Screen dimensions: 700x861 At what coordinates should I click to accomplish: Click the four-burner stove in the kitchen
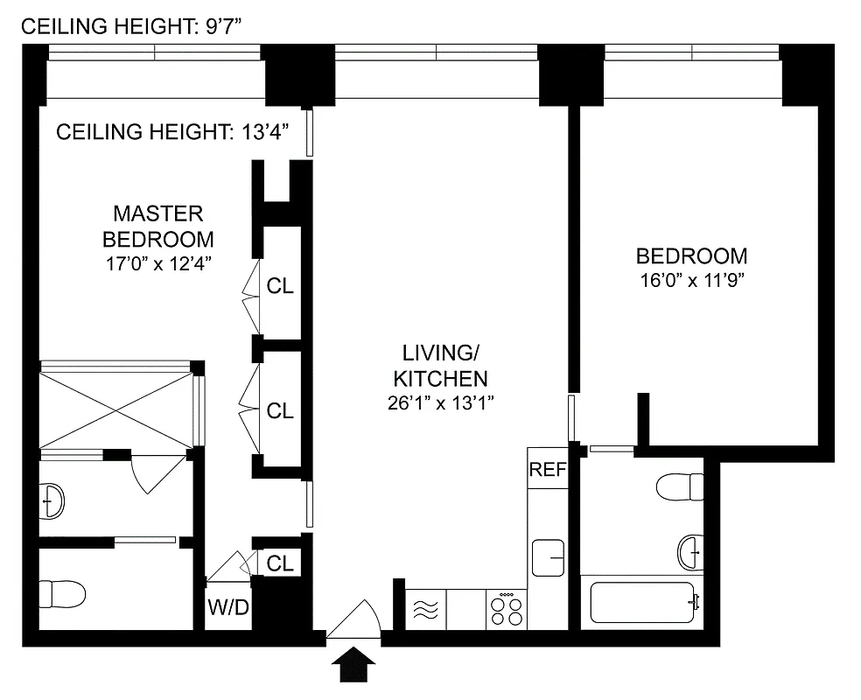506,608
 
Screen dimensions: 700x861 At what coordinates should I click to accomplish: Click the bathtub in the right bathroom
643,603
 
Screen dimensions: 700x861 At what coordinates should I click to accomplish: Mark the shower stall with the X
116,408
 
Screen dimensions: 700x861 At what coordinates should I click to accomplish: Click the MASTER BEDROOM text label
157,226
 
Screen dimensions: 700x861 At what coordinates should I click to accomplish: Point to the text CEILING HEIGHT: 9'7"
130,26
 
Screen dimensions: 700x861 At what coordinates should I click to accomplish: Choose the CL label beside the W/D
280,563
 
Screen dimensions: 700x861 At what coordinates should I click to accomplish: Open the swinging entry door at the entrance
353,619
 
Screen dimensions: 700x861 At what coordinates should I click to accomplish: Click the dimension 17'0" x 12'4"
157,262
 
